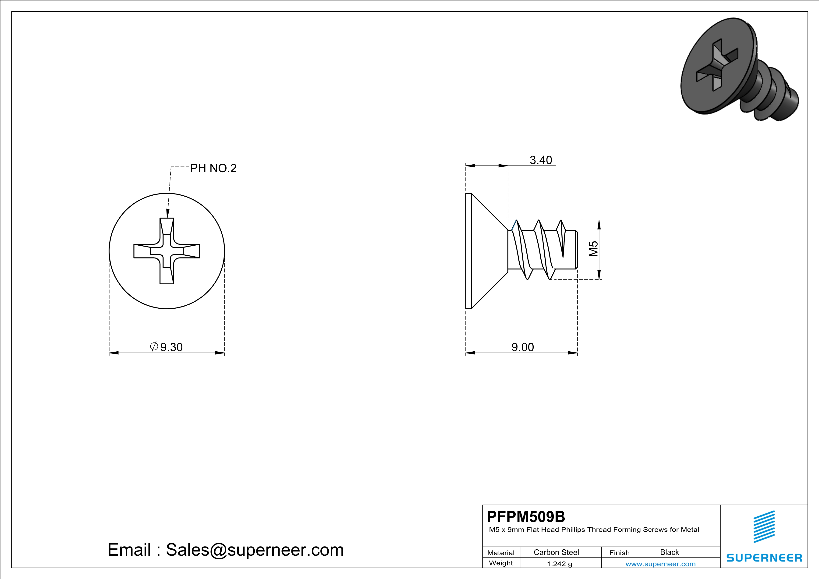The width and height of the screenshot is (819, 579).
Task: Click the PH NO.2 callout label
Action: tap(213, 168)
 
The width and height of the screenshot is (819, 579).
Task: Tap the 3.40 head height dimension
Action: tap(541, 160)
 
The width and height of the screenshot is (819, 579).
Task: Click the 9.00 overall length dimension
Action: tap(523, 347)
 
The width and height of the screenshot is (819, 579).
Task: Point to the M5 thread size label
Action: tap(593, 249)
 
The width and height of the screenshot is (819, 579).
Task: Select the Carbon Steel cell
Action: tap(556, 552)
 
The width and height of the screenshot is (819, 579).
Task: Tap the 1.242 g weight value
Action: tap(559, 564)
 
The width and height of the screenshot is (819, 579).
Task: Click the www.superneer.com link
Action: tap(660, 564)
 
